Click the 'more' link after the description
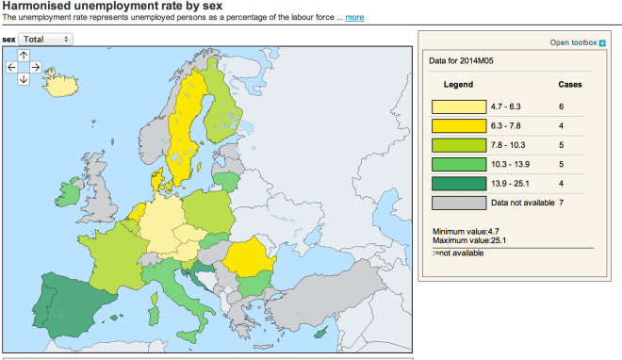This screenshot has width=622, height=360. [x=354, y=18]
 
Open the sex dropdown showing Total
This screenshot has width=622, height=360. [x=46, y=40]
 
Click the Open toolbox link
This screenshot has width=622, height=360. [x=574, y=43]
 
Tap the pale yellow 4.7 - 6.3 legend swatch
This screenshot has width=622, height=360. [x=458, y=106]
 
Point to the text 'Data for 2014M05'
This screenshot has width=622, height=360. [x=462, y=61]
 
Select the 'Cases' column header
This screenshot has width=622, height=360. [x=570, y=84]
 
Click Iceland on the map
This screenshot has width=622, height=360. [x=60, y=85]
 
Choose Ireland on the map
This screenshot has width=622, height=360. [x=69, y=195]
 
